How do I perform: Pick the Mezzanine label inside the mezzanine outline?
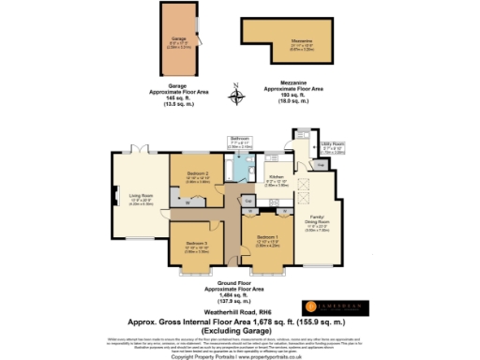tap(302, 39)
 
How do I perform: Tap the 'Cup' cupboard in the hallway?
tap(248, 201)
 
